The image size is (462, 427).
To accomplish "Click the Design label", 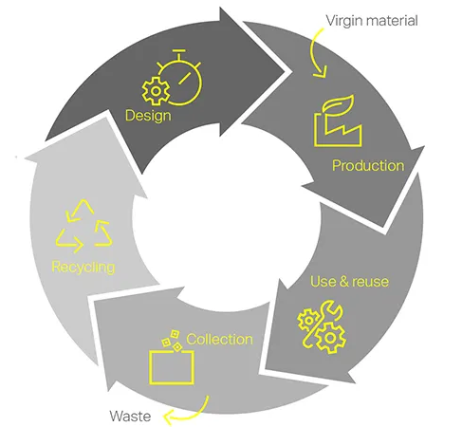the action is click(x=148, y=116).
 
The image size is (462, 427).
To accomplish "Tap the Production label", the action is click(x=368, y=166).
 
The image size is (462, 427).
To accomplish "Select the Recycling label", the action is click(x=83, y=268).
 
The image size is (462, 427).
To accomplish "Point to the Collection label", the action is click(x=219, y=340).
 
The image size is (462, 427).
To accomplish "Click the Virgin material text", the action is click(x=372, y=21).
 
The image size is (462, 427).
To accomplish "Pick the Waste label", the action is click(x=130, y=416).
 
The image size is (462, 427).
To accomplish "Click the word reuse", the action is click(x=370, y=282).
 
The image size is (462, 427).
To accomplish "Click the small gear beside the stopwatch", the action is click(x=156, y=91).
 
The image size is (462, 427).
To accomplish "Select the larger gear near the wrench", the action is click(x=331, y=339).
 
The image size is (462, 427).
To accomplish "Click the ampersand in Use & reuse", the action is click(x=342, y=282).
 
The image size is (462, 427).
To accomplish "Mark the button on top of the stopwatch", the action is click(x=179, y=50).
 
